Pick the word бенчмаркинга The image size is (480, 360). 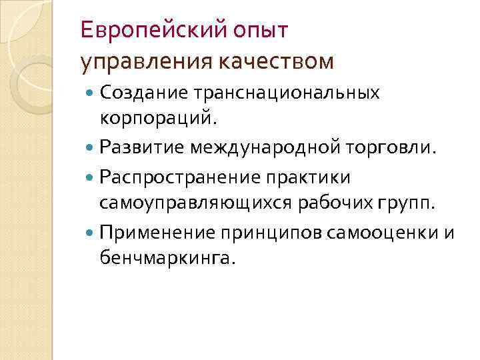(x=167, y=258)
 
